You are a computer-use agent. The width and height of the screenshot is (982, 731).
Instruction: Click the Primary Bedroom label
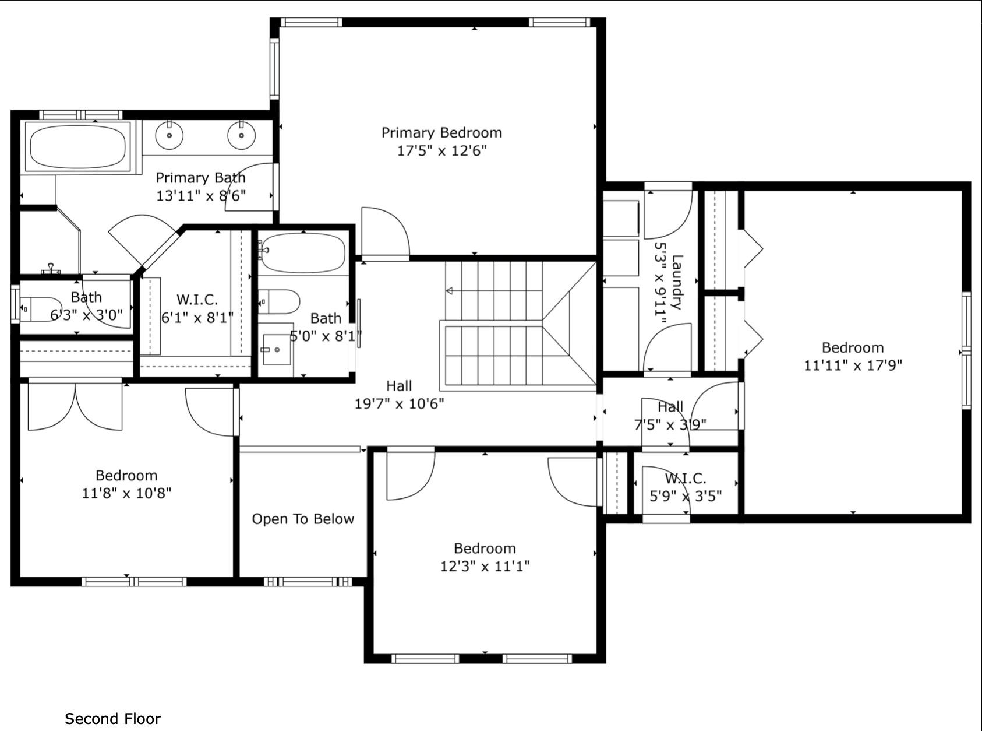(441, 133)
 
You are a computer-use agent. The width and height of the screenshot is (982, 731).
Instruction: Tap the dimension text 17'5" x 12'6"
(441, 151)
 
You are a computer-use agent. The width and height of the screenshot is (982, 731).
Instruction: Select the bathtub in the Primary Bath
(78, 147)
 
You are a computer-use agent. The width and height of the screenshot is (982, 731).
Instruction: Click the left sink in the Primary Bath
(169, 135)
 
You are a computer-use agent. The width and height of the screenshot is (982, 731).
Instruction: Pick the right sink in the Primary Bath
(241, 135)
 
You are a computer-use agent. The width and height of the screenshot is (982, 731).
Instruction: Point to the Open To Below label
(303, 519)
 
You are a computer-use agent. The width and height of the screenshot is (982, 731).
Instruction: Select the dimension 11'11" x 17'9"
(853, 365)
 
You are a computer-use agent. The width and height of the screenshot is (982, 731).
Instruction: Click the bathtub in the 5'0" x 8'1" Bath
(303, 252)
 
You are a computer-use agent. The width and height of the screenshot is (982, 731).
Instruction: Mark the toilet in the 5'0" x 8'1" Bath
(279, 302)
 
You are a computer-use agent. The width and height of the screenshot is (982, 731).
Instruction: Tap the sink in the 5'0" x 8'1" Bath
(276, 350)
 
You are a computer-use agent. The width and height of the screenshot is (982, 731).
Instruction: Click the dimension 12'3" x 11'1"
(485, 567)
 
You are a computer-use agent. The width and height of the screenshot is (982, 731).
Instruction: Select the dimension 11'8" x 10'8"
(126, 493)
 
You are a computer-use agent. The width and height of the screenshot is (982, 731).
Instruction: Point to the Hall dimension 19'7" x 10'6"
(400, 404)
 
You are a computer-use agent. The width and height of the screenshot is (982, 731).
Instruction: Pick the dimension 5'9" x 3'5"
(686, 496)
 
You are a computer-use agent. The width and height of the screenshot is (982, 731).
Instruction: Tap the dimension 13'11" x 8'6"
(200, 196)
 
